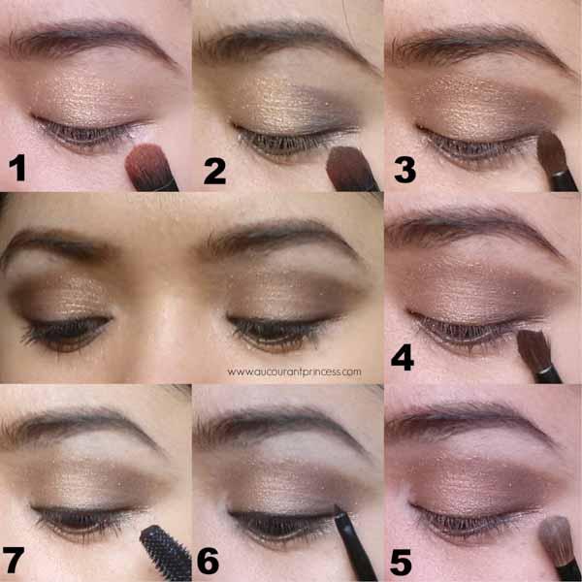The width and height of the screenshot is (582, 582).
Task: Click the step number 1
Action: [17, 168]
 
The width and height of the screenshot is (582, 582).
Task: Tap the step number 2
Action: [214, 171]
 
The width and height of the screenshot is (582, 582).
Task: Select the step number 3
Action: [404, 170]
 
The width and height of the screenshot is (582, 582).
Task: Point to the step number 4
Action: [403, 357]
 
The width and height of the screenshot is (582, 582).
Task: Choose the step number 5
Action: [401, 563]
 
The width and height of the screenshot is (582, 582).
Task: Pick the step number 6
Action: [208, 562]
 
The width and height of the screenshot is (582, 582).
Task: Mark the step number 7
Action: [13, 560]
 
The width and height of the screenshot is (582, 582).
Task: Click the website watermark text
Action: [294, 372]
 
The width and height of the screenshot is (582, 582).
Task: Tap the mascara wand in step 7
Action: [166, 552]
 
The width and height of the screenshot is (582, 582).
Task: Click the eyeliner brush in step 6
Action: [354, 542]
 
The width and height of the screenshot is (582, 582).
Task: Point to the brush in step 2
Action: [352, 169]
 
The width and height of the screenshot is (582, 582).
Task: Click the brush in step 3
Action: [557, 161]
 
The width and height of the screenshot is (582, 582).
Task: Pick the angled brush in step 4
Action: [539, 356]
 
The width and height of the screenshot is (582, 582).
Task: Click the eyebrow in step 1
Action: [89, 41]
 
